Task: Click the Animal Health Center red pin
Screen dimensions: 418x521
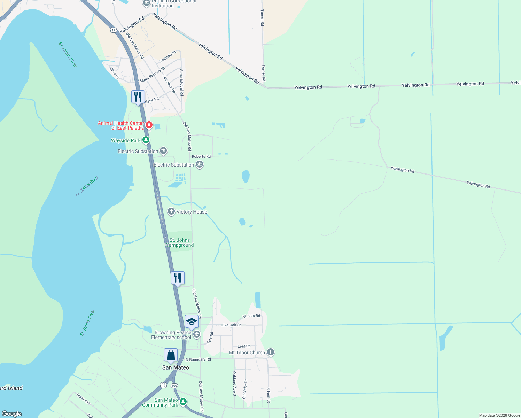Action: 149,125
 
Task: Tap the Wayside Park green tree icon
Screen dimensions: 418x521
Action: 146,140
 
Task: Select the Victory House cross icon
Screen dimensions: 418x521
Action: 171,211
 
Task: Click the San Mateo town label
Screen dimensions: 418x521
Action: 176,367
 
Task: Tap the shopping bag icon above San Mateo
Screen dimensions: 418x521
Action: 171,355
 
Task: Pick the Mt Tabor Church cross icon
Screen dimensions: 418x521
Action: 271,352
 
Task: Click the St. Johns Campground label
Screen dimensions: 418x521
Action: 180,242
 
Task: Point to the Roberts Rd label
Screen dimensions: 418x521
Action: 201,156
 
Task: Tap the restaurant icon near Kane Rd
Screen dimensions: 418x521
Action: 138,96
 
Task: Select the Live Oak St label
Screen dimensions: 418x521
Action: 231,325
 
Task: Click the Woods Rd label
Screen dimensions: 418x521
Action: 251,316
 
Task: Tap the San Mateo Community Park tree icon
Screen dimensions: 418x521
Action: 183,402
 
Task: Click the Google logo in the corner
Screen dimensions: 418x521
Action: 12,413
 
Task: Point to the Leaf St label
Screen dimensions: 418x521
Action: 243,346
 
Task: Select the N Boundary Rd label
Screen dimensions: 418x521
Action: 198,359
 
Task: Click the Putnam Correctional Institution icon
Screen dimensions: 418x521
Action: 147,3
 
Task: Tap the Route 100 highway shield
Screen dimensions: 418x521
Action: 174,385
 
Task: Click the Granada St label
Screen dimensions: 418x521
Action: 168,57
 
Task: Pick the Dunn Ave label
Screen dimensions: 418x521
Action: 83,399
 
